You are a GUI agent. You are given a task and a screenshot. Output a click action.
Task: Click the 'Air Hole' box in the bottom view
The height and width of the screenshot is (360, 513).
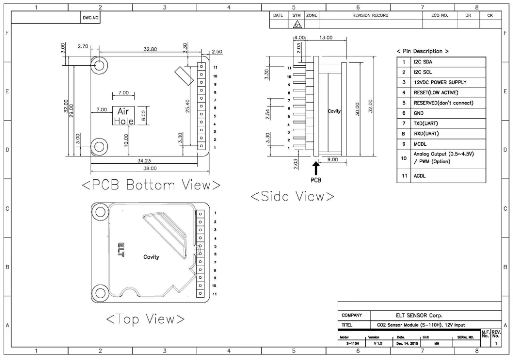point(123,116)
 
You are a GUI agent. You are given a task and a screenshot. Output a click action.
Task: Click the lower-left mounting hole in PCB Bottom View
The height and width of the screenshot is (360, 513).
point(99,146)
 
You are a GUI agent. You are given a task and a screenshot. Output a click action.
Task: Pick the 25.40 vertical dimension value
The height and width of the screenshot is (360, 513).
point(187,106)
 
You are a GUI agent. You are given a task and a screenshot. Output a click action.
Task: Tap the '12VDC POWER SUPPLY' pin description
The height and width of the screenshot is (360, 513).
point(440,82)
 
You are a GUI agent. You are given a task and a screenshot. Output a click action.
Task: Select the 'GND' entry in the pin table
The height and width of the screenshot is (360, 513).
point(418,113)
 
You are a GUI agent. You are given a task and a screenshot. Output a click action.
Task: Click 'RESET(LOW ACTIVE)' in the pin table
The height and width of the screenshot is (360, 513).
point(435,93)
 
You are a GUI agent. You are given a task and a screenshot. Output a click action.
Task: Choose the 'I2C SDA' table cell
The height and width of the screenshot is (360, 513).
point(423,62)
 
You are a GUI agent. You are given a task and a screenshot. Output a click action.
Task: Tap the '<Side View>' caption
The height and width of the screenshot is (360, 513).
point(292,197)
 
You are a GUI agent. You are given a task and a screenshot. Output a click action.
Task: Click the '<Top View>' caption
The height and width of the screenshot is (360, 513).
point(145,319)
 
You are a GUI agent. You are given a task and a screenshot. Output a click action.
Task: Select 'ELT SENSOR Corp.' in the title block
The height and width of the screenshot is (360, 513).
point(419,315)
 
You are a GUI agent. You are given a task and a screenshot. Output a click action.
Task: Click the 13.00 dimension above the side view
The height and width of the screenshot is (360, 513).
point(326,38)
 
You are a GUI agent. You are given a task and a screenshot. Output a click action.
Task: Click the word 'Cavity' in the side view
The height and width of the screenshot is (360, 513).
point(334,111)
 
